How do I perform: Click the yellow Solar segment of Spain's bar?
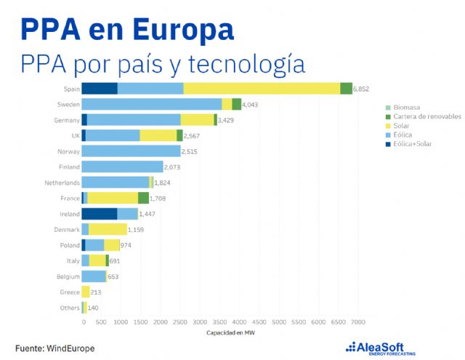coord(298,89)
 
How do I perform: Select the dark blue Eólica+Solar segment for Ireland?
coord(99,214)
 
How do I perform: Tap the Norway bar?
coord(131,151)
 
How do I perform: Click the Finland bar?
coord(122,167)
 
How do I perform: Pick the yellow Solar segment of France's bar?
coord(113,198)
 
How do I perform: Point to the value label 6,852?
coord(363,89)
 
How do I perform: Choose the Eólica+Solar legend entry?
coord(413,144)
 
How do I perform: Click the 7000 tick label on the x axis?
coord(357,321)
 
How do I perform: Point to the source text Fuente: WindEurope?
coord(54,348)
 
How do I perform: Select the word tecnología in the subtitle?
coord(248,64)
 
